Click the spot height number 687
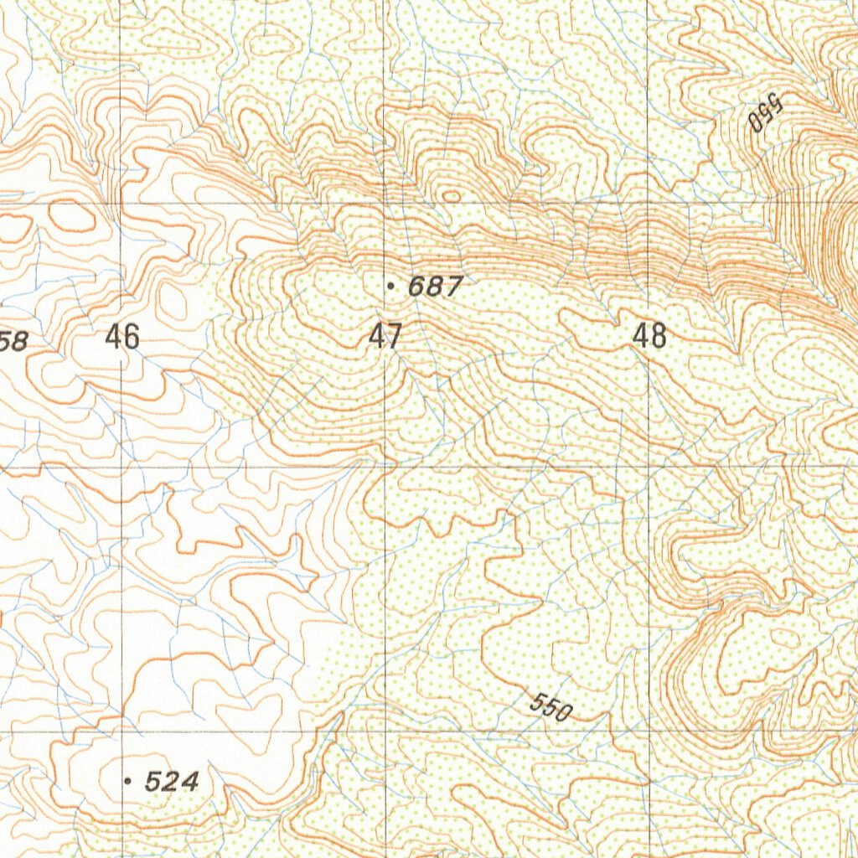tap(434, 287)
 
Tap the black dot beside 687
tap(391, 287)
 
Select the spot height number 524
tap(172, 783)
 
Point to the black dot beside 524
tap(127, 781)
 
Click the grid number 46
tap(122, 337)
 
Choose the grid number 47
tap(385, 337)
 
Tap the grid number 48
tap(650, 337)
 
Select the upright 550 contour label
tap(550, 709)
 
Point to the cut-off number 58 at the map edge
tap(14, 341)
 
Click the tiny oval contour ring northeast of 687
tap(451, 196)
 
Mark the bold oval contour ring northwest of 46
tap(72, 217)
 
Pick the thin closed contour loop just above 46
tap(172, 299)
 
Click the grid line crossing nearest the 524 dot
tap(122, 731)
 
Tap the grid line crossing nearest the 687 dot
tap(385, 203)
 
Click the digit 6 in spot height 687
tap(416, 287)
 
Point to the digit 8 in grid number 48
tap(659, 337)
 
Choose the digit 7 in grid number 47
tap(395, 337)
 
